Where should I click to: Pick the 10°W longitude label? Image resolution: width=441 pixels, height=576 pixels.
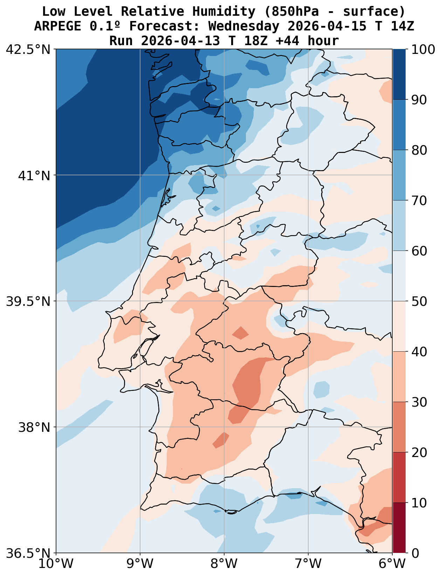[56, 564]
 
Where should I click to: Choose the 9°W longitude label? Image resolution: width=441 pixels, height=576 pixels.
[140, 564]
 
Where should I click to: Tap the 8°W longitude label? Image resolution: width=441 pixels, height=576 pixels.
[224, 564]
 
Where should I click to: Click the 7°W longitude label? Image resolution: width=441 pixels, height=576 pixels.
[308, 564]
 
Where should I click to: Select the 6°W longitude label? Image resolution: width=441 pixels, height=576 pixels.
[392, 564]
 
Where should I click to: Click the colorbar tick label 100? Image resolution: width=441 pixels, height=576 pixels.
[423, 49]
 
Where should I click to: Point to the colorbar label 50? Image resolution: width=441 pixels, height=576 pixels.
[419, 301]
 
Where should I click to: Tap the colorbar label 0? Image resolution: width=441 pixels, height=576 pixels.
[415, 553]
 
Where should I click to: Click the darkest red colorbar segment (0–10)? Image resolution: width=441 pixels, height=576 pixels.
[399, 528]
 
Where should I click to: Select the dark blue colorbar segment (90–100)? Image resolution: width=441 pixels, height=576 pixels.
[399, 74]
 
